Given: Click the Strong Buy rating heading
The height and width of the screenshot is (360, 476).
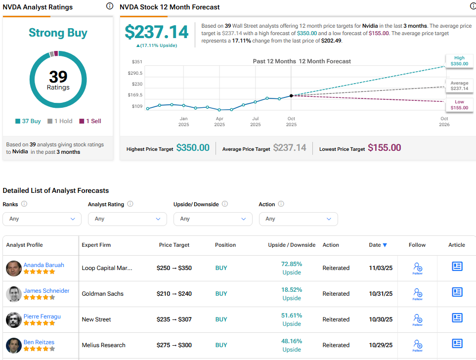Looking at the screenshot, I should pos(58,33).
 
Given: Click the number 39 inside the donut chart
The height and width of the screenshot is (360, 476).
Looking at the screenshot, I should pos(58,77).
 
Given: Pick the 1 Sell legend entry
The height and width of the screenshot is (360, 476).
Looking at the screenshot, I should pos(90,121).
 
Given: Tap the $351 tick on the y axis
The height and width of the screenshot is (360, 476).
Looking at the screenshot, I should pos(137,62).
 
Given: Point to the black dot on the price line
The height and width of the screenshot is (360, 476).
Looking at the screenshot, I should pos(291,95).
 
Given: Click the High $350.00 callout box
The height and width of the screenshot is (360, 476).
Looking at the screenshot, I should pos(459,61).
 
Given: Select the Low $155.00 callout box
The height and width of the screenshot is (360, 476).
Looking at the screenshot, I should pos(459,105).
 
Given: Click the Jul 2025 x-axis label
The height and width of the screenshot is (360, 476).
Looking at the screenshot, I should pos(256,122).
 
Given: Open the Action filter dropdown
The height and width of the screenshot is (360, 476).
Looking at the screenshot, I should pos(298,219).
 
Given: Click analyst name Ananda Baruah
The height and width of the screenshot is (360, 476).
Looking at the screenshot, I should pos(44,265).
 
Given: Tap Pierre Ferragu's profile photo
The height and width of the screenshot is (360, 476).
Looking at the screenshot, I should pos(14,319).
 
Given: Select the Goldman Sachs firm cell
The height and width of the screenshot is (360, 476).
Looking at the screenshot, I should pos(103,294).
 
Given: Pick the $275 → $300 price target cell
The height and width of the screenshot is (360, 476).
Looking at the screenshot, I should pos(174,345).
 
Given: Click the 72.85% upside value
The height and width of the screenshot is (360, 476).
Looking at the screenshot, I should pos(292,264).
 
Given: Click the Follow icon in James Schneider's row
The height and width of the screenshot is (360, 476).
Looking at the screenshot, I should pos(418,294).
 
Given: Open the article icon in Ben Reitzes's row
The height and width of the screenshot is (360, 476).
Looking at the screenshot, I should pos(457,344).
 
